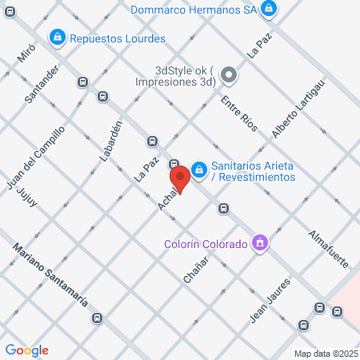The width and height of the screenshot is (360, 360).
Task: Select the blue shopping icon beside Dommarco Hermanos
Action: (270, 9)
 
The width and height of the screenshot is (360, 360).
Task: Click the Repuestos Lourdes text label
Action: (118, 38)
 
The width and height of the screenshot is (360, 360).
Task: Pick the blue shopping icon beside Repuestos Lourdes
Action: (57, 37)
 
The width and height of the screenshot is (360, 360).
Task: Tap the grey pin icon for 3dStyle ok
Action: (230, 76)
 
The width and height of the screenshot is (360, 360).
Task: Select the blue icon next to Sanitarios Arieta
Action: (199, 170)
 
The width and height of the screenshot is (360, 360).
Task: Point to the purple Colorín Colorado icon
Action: (259, 242)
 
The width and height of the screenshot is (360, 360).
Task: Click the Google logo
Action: (27, 350)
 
